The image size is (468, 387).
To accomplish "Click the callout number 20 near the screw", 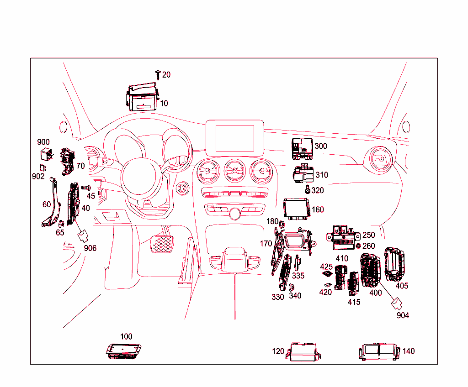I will pos(166,74).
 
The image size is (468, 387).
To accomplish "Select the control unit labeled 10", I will pos(142,99).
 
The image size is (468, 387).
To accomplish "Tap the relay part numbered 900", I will pos(46,153).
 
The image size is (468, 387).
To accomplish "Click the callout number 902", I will pos(39,176).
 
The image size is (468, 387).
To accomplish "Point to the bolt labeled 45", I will pos(85,187).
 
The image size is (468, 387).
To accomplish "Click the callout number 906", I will pos(90,248).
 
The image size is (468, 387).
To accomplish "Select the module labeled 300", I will pos(302,149).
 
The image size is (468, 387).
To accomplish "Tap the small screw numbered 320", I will pos(308,189).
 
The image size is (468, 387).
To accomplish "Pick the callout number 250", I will pos(368,235).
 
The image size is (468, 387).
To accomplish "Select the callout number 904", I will pos(403,315).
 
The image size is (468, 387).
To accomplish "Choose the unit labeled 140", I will pos(379,352).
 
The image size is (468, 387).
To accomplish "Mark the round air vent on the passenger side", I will pos(378,160).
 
